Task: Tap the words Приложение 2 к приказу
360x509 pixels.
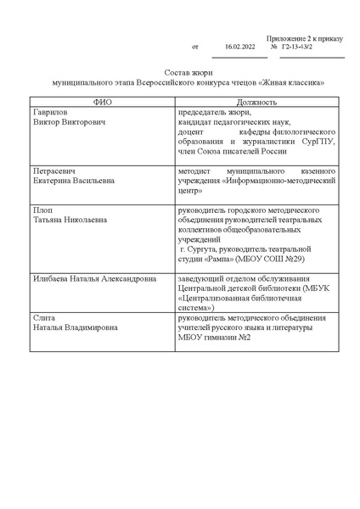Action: click(x=303, y=38)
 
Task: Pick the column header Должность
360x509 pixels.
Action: click(x=256, y=101)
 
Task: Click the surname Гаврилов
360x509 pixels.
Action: click(x=48, y=112)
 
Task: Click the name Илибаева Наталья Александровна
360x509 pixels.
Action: click(x=93, y=277)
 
